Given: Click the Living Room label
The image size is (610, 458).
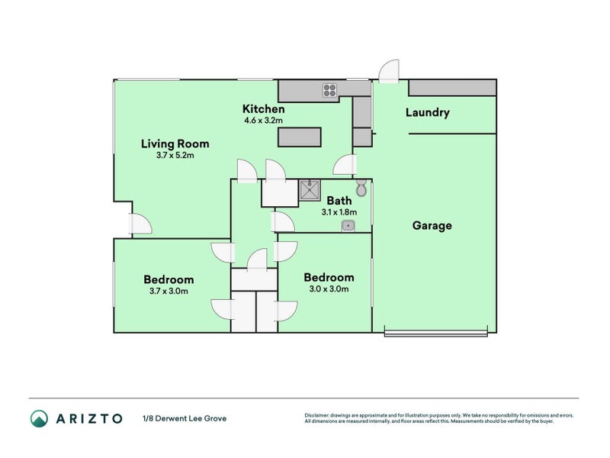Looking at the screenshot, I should (175, 144).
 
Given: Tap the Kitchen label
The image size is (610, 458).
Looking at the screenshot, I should (263, 108).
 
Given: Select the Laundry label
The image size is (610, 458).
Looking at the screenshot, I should (427, 113).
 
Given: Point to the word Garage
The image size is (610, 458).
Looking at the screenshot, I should (432, 225).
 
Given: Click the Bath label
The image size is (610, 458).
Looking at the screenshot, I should (339, 201).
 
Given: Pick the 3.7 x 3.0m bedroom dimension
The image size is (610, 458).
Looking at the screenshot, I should (169, 291).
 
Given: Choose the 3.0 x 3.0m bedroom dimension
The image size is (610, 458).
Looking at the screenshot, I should (329, 289).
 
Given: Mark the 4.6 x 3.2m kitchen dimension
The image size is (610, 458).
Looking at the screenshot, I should (263, 120).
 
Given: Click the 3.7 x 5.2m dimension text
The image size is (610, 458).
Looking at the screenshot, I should (175, 155).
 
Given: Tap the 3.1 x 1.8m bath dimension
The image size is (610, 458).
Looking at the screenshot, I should (339, 211).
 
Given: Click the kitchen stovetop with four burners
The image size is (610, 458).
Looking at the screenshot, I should (330, 91).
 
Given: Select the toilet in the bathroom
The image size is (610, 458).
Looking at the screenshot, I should (361, 188).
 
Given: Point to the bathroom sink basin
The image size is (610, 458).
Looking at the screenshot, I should (348, 225).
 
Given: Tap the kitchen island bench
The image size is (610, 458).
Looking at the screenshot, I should (299, 137).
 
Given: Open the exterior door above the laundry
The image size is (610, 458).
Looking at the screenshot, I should (388, 72).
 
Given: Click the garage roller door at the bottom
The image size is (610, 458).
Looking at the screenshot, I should (435, 331).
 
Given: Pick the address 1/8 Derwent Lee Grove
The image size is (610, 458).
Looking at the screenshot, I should (184, 418).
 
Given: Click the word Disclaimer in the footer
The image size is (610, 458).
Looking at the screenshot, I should (319, 415).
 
